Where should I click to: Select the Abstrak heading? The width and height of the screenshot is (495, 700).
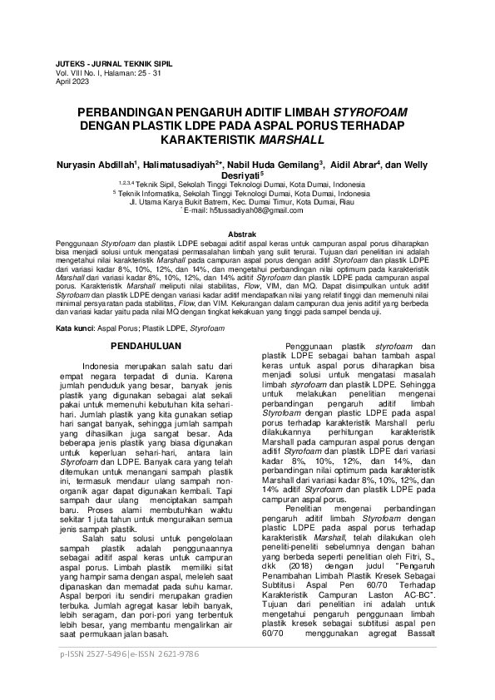coord(247,236)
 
